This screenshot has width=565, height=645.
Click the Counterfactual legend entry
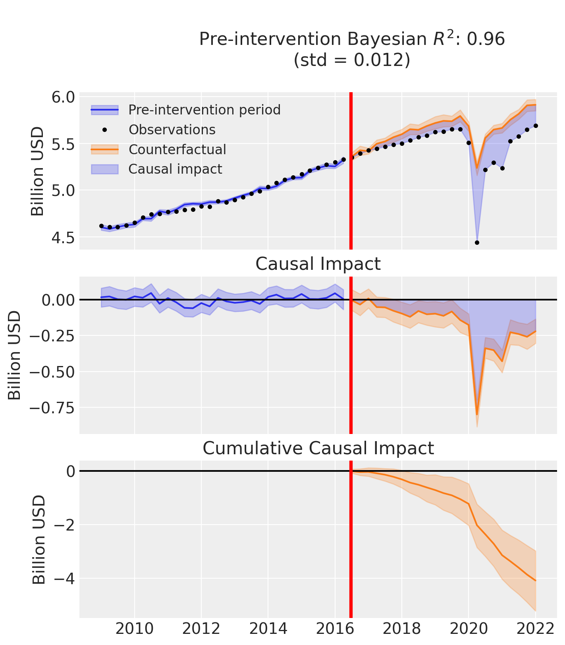(x=177, y=150)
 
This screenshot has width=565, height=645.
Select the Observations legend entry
(x=172, y=130)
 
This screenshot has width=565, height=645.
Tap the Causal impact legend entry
(x=175, y=169)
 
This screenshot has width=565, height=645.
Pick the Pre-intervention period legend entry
(x=204, y=110)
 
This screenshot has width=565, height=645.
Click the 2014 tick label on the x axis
(x=268, y=629)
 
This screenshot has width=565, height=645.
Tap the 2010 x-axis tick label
(x=135, y=629)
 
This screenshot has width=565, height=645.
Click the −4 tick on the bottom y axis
(x=61, y=578)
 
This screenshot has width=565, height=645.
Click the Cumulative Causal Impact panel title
(x=318, y=448)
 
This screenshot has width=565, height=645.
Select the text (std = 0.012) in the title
(x=352, y=60)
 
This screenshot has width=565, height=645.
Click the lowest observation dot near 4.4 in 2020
(x=477, y=242)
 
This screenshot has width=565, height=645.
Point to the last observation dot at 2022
(x=536, y=126)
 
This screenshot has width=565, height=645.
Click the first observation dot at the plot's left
(x=101, y=226)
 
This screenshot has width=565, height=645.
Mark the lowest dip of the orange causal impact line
(x=477, y=415)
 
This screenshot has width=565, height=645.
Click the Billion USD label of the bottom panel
(x=39, y=539)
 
